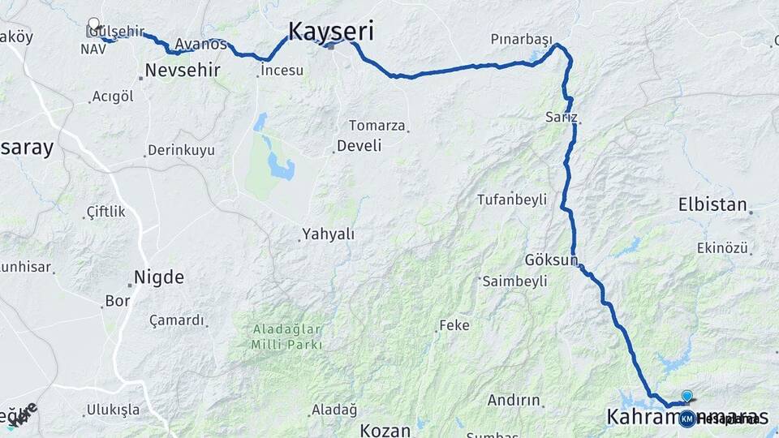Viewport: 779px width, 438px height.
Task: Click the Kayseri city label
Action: pos(331,32)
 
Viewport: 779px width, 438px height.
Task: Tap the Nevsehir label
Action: pos(183,71)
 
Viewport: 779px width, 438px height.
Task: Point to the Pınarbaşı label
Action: pos(521,40)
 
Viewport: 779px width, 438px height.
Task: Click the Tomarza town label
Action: pos(376,125)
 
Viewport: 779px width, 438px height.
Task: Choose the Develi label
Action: pos(359,145)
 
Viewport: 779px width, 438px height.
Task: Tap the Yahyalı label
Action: pos(329,234)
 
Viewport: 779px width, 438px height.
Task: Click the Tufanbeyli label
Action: pos(512,200)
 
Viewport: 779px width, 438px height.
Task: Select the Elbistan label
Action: pos(712,205)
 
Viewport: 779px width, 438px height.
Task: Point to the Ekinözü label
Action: pos(721,248)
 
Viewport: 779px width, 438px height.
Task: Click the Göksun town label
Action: pos(550,261)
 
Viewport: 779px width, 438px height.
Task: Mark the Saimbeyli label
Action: pos(514,281)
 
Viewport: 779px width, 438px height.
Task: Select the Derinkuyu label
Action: pos(181,151)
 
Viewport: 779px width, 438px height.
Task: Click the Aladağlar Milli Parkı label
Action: pos(287,337)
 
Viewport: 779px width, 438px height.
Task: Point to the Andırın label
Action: pos(514,400)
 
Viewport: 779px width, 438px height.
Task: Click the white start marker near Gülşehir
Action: pos(94,24)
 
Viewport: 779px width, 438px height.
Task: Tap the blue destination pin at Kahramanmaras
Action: pos(687,397)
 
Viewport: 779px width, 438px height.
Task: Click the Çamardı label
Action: pos(177,320)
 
